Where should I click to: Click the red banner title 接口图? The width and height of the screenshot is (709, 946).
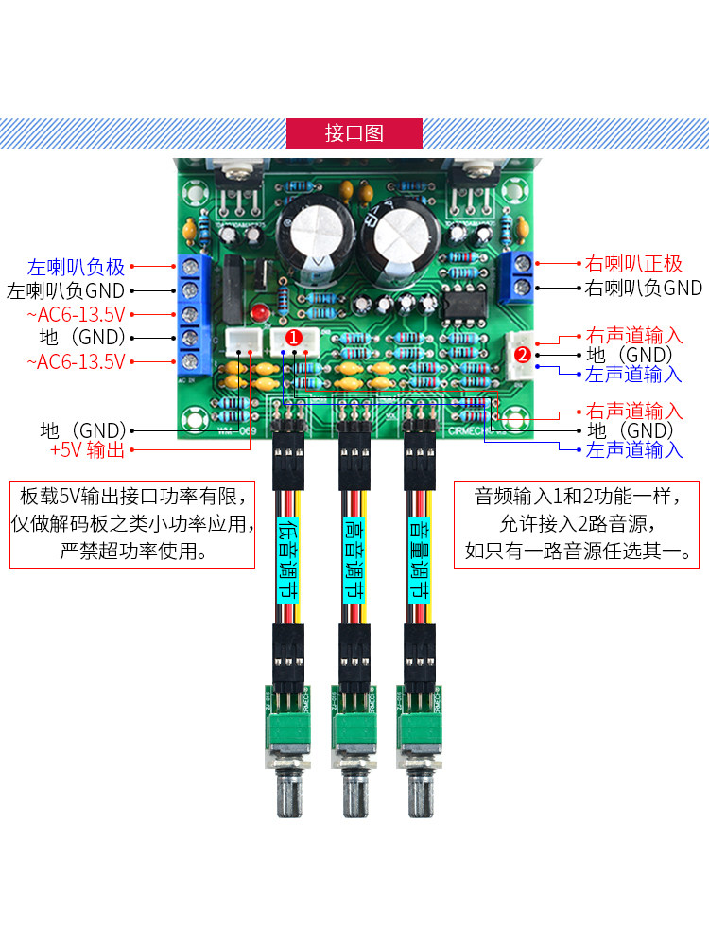coord(354,132)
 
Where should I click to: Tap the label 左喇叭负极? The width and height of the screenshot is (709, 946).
coord(76,267)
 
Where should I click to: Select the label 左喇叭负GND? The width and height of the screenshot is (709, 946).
coord(65,290)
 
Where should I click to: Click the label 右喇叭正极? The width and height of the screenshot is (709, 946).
coord(633,263)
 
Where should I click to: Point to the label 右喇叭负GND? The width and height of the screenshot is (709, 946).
coord(644,288)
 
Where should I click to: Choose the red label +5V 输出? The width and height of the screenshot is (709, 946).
coord(87,451)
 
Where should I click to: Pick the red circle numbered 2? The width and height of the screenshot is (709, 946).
coord(522,356)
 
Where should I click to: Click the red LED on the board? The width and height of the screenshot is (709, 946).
coord(257,313)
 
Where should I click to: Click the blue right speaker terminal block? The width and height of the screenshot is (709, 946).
coord(519,273)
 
